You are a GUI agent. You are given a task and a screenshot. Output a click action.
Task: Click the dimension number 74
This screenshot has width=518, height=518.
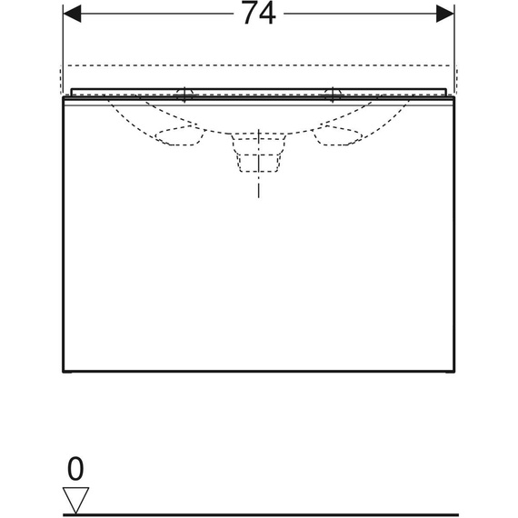[x=259, y=15]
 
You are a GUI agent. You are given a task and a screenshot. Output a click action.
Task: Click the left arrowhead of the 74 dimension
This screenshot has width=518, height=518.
[x=72, y=14]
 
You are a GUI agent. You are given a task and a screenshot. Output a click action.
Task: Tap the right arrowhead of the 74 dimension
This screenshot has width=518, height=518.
[x=444, y=14]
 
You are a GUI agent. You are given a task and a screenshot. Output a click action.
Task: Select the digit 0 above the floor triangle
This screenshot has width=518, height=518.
[x=75, y=469]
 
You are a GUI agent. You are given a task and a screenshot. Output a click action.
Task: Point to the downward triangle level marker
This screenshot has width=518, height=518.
[x=75, y=498]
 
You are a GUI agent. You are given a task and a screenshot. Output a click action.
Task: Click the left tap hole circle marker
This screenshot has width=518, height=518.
[x=185, y=92]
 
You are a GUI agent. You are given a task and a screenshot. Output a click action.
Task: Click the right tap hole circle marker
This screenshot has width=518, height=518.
[x=333, y=92]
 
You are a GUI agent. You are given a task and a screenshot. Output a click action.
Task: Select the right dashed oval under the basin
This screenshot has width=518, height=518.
[x=337, y=137]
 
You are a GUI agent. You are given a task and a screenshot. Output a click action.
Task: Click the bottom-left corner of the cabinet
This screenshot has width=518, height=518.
[x=62, y=372]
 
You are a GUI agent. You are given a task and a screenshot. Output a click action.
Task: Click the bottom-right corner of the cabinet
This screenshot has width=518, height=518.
[x=454, y=372]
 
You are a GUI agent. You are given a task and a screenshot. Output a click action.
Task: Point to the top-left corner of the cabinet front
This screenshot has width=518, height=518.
[x=62, y=99]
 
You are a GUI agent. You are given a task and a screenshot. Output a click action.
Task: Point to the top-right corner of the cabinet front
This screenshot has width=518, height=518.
[x=454, y=99]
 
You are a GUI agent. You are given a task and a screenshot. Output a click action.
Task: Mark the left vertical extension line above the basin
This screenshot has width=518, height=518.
[x=62, y=45]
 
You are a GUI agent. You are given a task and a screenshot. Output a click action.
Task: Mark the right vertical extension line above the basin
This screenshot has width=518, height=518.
[x=454, y=45]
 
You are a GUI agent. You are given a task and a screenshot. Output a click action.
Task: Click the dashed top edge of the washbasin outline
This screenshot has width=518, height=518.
[x=259, y=66]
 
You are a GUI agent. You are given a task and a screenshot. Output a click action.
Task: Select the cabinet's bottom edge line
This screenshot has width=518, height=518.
[x=259, y=372]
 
